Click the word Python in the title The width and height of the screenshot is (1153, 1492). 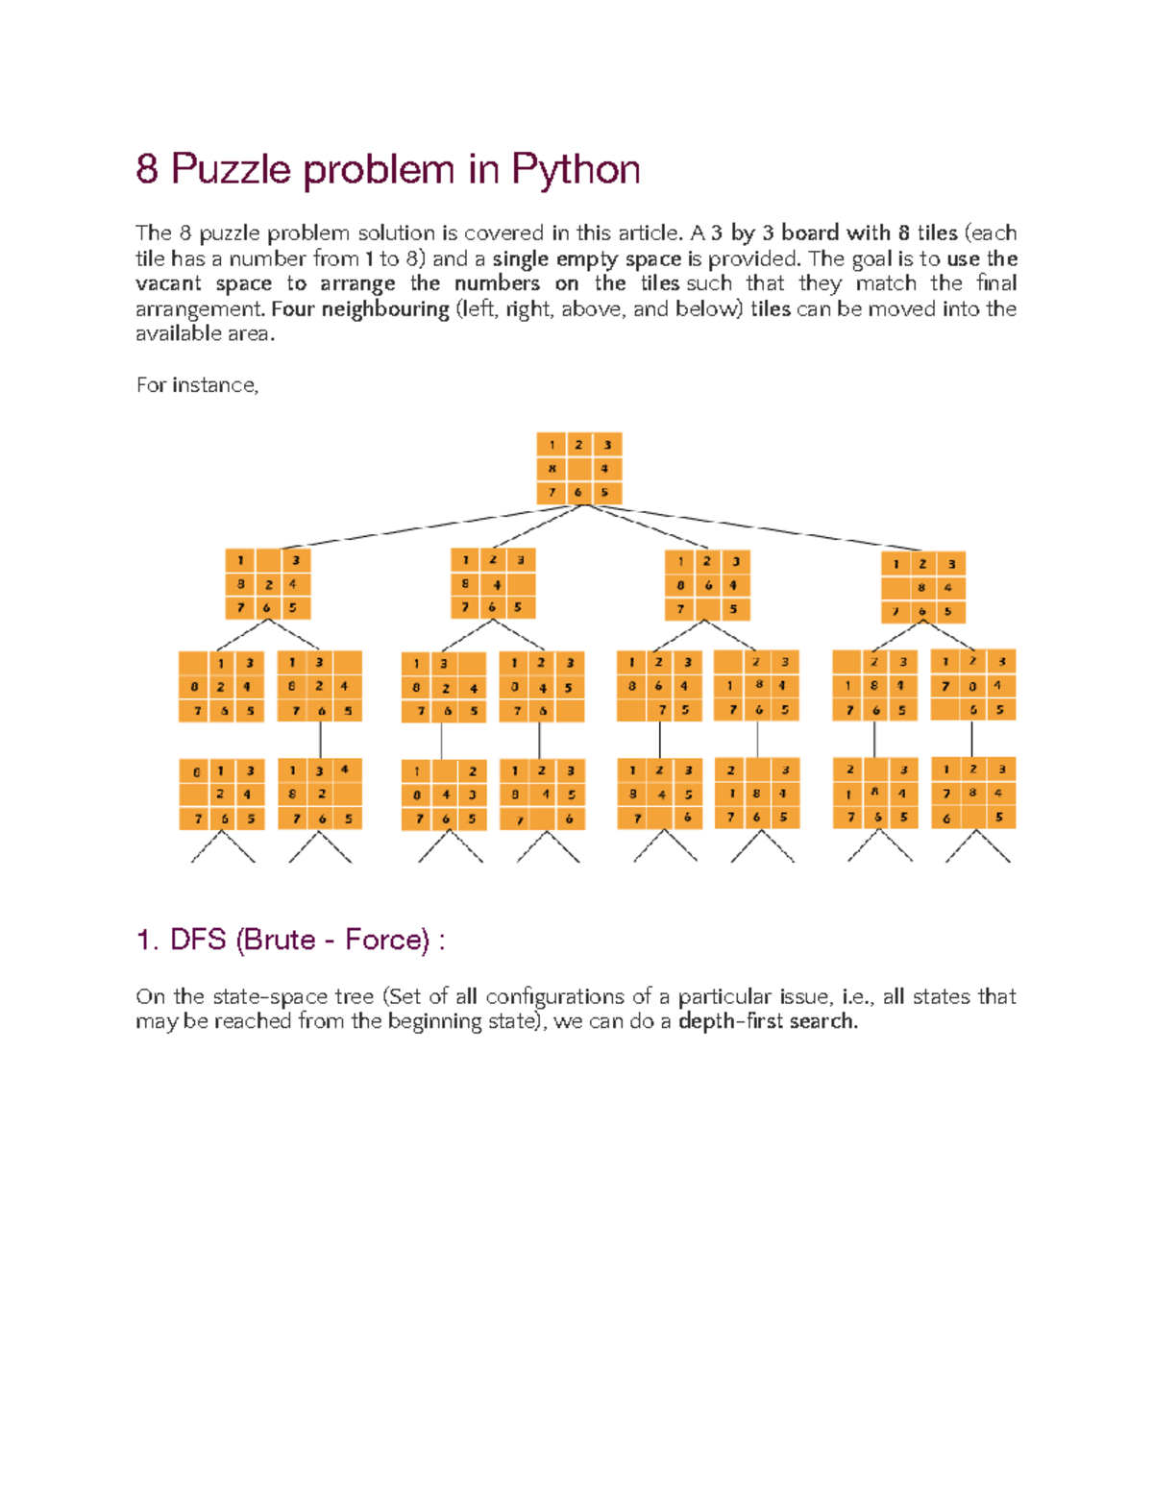pos(576,170)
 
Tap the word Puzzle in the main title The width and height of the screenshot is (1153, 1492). pos(231,170)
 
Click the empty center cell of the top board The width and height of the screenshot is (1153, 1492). pos(578,469)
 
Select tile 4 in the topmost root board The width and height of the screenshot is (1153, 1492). pos(604,469)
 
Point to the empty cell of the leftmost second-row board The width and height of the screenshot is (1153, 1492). pos(268,560)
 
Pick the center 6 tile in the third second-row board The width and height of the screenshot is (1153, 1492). pos(708,585)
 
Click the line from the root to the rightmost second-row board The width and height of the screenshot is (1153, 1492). pos(759,527)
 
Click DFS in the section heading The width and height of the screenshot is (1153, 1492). pos(198,940)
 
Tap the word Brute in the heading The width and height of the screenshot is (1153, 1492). pos(282,940)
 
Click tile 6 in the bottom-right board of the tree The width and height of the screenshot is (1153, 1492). pos(946,819)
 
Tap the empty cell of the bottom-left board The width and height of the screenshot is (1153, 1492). pos(194,795)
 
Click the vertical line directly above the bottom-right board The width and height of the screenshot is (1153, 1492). pos(972,739)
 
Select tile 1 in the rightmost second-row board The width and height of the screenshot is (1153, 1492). pos(896,564)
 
